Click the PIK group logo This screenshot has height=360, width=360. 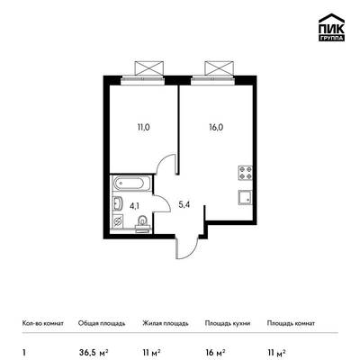point(331,27)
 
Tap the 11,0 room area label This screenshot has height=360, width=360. point(144,127)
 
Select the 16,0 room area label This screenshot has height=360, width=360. point(216,127)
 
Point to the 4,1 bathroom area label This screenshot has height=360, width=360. point(134,205)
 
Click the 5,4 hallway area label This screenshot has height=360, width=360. point(184,205)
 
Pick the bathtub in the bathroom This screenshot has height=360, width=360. point(130,183)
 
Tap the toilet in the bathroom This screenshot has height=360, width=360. point(142,223)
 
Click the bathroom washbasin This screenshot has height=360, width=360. point(118,204)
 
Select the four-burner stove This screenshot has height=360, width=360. point(245,173)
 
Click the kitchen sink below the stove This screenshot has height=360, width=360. point(245,197)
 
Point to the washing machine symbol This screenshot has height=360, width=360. point(118,222)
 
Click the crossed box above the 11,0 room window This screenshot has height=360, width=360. point(149,67)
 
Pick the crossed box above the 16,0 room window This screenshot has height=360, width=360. point(219,67)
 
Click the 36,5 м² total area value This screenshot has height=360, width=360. point(93,352)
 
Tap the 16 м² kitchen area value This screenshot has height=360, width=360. point(215,352)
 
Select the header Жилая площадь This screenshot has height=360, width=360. point(166,323)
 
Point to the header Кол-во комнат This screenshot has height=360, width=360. point(43,323)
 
